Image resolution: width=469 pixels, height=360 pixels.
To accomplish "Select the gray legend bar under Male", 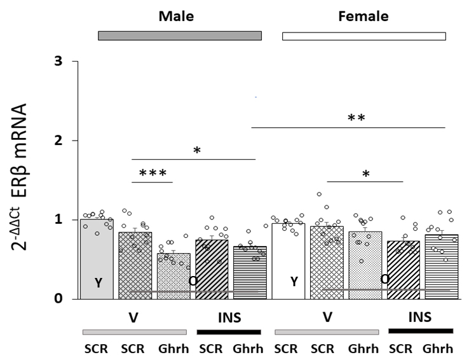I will pyautogui.click(x=180, y=36).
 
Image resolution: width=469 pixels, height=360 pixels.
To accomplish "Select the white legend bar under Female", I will pyautogui.click(x=364, y=36).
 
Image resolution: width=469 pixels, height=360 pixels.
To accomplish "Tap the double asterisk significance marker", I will pyautogui.click(x=356, y=118).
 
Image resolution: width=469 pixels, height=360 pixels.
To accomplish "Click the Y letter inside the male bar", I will pyautogui.click(x=98, y=283).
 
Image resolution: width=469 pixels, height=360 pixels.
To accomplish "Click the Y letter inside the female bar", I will pyautogui.click(x=294, y=282).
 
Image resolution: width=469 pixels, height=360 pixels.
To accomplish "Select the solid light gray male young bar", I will pyautogui.click(x=97, y=254).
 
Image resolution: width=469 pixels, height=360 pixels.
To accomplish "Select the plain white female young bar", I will pyautogui.click(x=289, y=254).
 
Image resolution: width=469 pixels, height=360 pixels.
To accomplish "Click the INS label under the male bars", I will pyautogui.click(x=228, y=317).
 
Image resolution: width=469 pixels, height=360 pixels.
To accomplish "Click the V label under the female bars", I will pyautogui.click(x=327, y=317).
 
